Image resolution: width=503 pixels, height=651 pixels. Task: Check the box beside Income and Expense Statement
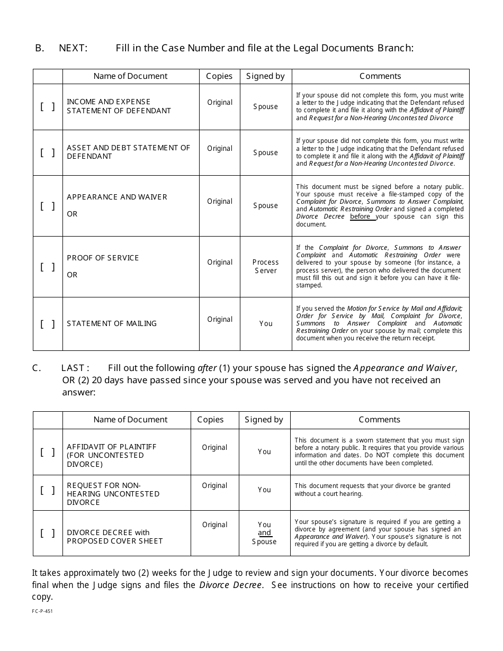point(48,106)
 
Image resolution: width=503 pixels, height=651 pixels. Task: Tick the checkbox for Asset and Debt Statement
point(48,152)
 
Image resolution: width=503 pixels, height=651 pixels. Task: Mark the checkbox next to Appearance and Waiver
point(48,206)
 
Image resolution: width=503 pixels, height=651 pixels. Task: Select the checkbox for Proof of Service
point(48,267)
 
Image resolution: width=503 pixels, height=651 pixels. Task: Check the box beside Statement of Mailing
point(48,324)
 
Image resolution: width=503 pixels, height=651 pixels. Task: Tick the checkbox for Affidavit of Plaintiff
point(48,452)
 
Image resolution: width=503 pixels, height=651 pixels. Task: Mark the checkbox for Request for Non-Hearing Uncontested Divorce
point(48,490)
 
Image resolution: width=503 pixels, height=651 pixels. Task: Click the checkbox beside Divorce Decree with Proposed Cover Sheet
point(48,533)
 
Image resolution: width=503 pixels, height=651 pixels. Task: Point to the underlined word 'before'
point(361,216)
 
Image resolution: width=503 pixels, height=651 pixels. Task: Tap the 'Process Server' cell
point(265,266)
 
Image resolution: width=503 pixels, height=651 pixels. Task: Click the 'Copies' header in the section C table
point(210,420)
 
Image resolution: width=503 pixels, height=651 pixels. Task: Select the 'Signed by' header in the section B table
point(265,76)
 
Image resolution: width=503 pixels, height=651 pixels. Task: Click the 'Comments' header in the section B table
point(380,76)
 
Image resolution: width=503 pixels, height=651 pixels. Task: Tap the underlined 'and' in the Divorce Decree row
point(264,533)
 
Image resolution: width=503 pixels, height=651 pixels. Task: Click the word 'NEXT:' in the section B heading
point(73,48)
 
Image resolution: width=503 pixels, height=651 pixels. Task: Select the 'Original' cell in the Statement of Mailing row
point(220,319)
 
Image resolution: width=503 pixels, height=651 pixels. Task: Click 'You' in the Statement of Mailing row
point(266,323)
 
